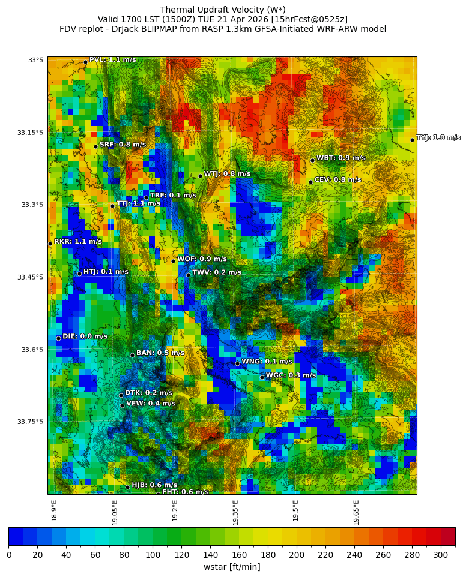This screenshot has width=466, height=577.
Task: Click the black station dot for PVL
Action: (x=85, y=62)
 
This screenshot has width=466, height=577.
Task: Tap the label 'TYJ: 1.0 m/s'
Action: (x=438, y=138)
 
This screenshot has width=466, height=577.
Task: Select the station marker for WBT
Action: (x=312, y=160)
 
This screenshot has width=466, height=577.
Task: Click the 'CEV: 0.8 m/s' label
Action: (x=338, y=180)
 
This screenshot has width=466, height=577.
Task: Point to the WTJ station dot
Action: (x=200, y=176)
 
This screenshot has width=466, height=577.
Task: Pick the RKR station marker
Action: (x=50, y=244)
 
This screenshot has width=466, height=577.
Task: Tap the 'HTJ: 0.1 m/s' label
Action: (x=106, y=272)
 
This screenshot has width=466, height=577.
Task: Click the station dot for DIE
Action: (x=58, y=338)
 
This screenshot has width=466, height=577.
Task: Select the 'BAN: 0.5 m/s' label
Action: (x=160, y=353)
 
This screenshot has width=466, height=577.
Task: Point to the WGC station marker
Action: (x=262, y=377)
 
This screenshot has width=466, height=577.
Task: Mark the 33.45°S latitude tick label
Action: (x=30, y=277)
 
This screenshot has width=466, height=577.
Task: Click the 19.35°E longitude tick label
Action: (x=236, y=512)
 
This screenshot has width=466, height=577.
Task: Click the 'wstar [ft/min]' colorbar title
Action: (x=232, y=567)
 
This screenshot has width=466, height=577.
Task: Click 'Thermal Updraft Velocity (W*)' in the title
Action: (x=223, y=10)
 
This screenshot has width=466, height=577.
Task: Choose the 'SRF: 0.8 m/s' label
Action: (x=123, y=145)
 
